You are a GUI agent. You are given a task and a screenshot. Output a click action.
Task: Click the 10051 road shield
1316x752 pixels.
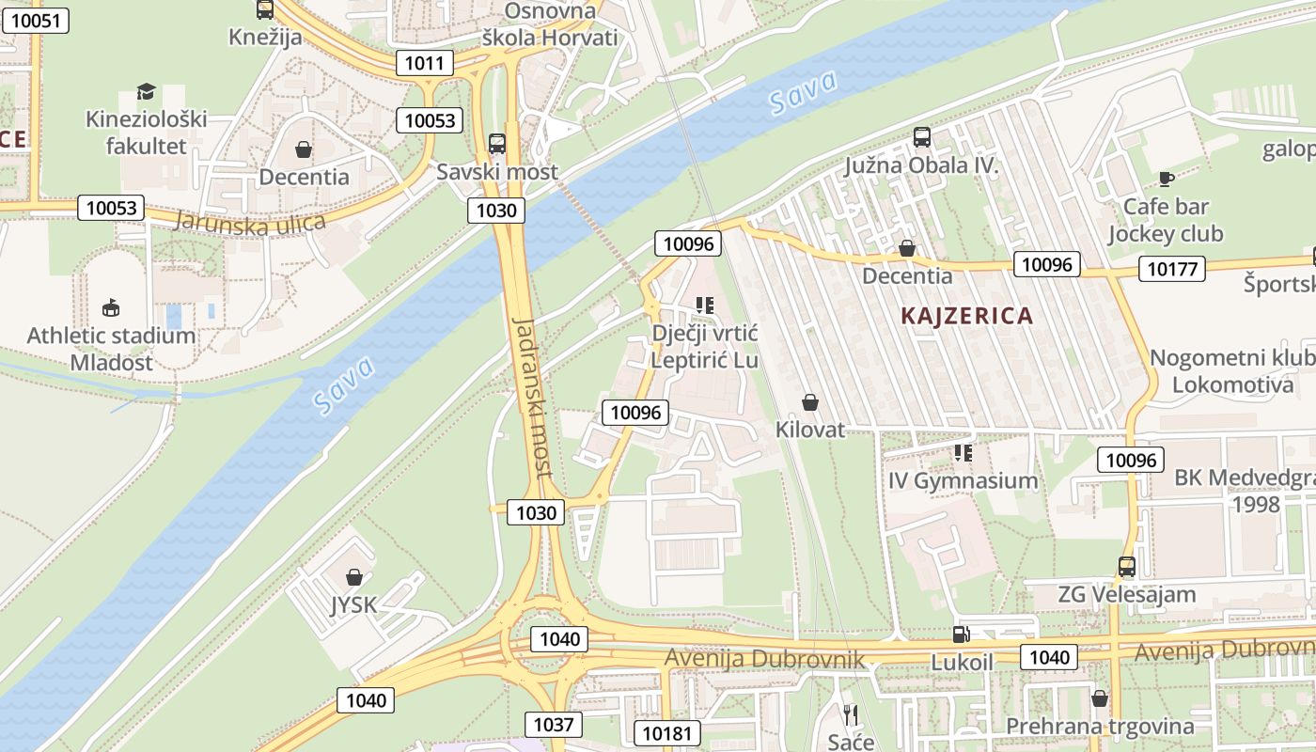click(35, 21)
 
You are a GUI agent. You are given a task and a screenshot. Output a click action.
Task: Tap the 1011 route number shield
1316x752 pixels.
click(424, 63)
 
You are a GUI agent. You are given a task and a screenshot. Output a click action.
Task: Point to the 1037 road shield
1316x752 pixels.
click(553, 724)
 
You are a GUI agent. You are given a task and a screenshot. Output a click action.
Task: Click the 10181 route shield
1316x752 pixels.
click(667, 733)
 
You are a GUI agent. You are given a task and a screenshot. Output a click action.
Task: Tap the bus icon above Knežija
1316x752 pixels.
click(265, 10)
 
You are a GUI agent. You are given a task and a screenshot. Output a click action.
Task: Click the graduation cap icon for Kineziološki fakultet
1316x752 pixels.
click(146, 91)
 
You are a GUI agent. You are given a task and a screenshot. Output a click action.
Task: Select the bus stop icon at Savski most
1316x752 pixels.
click(497, 144)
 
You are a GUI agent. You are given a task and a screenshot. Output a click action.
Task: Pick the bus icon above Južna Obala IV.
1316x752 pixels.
click(921, 137)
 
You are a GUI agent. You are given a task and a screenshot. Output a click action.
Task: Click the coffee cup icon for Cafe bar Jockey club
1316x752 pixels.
click(1166, 179)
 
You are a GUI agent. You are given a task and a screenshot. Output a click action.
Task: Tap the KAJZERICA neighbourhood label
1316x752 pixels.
click(966, 316)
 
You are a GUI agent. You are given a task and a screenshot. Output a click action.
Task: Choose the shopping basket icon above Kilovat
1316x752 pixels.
click(810, 402)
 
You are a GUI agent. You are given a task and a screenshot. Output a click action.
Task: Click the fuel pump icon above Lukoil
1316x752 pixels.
click(961, 634)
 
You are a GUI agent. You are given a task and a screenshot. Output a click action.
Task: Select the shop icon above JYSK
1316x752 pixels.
click(354, 576)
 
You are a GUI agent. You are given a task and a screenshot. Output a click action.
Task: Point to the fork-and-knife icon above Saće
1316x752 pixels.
click(851, 714)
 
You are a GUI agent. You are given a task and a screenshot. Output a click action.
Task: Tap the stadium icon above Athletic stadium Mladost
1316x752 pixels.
click(111, 307)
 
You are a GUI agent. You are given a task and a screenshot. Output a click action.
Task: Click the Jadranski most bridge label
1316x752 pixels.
click(533, 397)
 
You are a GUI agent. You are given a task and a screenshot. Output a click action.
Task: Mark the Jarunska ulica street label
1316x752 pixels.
click(249, 223)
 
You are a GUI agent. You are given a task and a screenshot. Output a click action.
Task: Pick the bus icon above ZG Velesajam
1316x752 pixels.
click(1126, 567)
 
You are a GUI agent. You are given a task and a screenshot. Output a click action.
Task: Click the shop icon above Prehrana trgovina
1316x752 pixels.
click(1099, 698)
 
